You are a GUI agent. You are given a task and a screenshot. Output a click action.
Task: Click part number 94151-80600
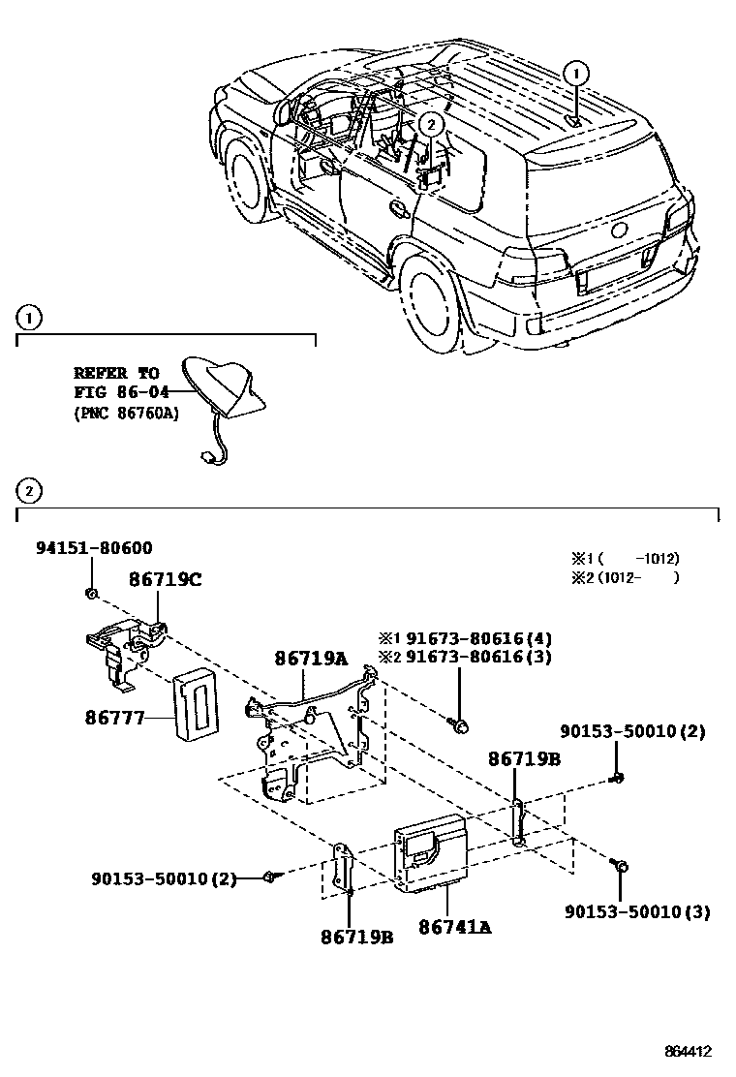(x=94, y=548)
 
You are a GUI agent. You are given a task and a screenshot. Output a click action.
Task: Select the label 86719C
(x=166, y=580)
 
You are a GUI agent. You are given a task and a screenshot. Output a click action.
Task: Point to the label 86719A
(x=310, y=658)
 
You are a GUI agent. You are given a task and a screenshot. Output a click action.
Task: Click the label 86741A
(x=455, y=927)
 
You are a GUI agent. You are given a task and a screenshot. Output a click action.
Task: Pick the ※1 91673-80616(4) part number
(x=465, y=638)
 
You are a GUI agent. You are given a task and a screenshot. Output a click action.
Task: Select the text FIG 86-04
(x=121, y=391)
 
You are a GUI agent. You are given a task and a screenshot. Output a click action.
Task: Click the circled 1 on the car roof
(x=575, y=72)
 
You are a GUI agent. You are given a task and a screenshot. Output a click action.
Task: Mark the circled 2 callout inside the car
(x=432, y=122)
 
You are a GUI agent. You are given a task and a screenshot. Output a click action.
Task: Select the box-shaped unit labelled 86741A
(x=429, y=849)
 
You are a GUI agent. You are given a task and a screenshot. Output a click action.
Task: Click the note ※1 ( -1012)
(x=625, y=559)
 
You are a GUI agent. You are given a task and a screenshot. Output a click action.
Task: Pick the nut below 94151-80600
(x=89, y=592)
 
